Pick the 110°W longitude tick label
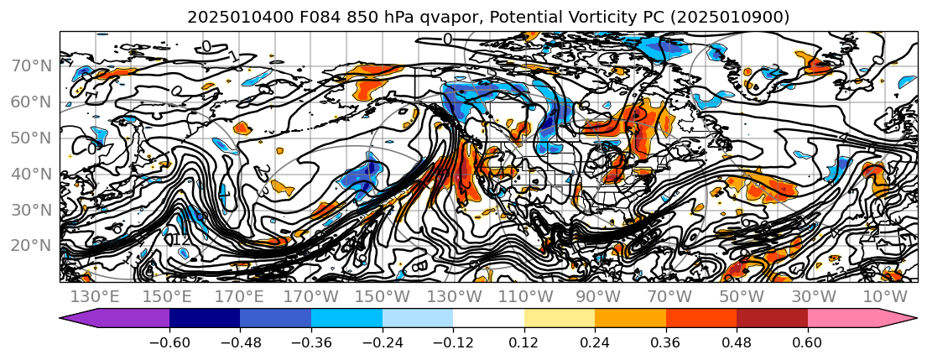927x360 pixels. [x=526, y=296]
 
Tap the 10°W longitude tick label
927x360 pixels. [x=885, y=296]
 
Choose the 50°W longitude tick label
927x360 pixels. [x=742, y=296]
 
